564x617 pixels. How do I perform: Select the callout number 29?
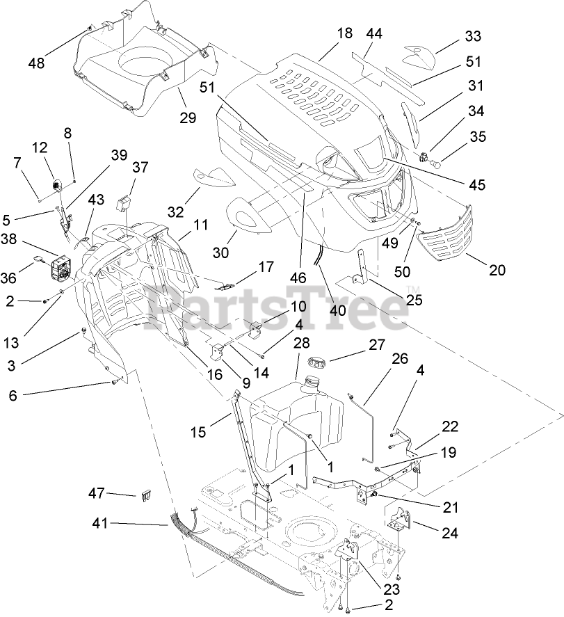coord(188,118)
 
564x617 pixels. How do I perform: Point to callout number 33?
coord(473,35)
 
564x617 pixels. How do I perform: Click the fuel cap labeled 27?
coord(315,362)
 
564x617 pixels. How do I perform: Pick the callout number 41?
coord(101,523)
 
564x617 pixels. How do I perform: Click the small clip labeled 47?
coord(146,496)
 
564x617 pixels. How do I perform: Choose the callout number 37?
coord(140,167)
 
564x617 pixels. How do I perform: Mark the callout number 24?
coord(449,532)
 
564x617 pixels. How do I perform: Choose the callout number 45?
coord(476,185)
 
